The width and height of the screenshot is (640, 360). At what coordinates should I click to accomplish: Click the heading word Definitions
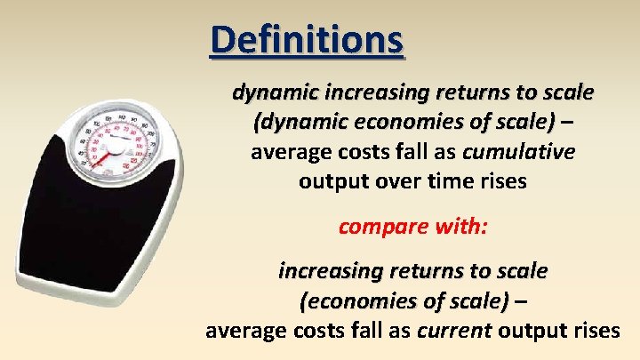[307, 40]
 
